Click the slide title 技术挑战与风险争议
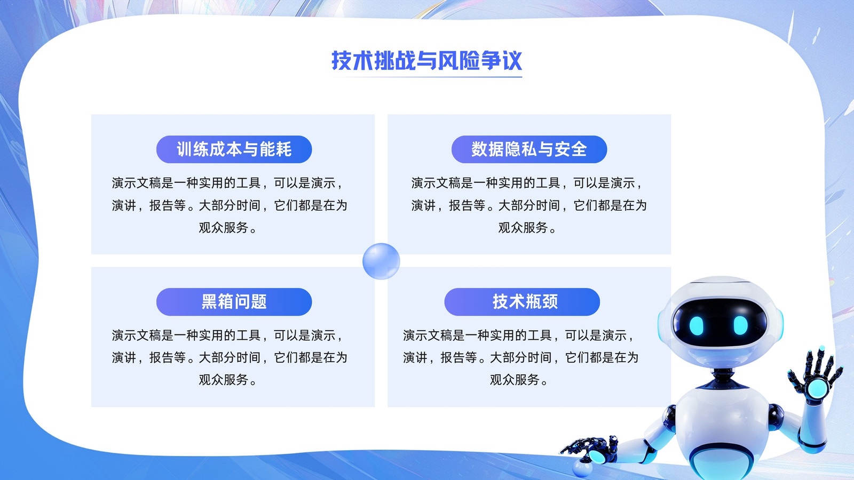[426, 61]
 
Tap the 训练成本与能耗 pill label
[234, 149]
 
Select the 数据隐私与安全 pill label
[529, 149]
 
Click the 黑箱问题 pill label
[234, 302]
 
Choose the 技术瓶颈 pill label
[522, 302]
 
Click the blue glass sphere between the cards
[381, 261]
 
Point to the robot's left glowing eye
[696, 326]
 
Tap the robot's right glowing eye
[741, 325]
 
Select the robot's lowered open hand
[589, 450]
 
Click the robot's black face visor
[719, 322]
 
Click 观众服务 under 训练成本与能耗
[224, 228]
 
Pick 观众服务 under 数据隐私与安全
[523, 228]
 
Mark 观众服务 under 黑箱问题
[224, 380]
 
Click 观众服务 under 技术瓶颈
[515, 380]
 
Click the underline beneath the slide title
[426, 77]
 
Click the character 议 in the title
[512, 61]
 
